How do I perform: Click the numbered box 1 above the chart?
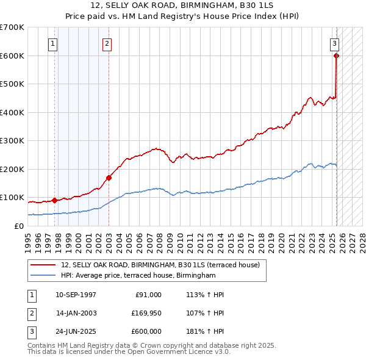(x=54, y=43)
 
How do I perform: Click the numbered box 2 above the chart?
(x=107, y=43)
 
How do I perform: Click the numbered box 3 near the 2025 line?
(x=335, y=43)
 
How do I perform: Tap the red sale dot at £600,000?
(x=336, y=56)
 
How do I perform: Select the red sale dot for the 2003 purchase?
(x=109, y=178)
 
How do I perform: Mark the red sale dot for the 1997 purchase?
(x=54, y=200)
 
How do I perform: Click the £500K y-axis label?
(x=13, y=84)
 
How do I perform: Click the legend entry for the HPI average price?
(x=138, y=276)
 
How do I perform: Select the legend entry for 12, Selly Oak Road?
(x=160, y=265)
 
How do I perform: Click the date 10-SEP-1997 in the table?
(x=76, y=295)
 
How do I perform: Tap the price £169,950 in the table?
(x=146, y=313)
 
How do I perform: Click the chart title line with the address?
(x=183, y=5)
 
